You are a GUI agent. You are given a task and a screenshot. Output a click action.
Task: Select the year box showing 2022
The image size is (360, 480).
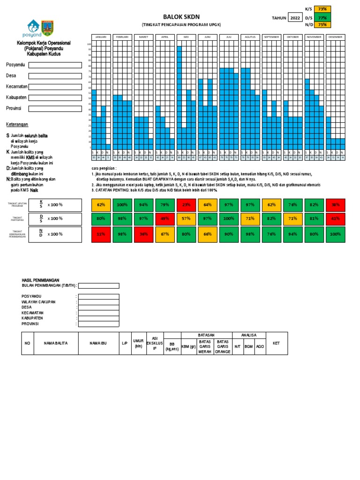(x=295, y=18)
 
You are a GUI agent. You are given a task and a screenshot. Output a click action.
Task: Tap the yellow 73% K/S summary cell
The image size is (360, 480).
(x=322, y=9)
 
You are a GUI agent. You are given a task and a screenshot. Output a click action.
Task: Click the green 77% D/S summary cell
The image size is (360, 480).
(x=322, y=18)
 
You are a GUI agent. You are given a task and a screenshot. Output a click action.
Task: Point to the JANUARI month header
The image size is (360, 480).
(x=101, y=37)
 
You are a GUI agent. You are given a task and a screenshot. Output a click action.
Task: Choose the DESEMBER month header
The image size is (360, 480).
(x=336, y=37)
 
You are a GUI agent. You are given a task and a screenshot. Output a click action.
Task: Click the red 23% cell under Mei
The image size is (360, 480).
(x=187, y=205)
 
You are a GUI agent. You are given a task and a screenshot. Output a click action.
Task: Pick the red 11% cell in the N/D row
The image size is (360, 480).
(x=101, y=234)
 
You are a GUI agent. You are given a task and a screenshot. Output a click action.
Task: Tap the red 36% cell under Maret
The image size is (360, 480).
(x=143, y=234)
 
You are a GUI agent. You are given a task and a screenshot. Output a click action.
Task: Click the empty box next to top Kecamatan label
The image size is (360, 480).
(x=55, y=87)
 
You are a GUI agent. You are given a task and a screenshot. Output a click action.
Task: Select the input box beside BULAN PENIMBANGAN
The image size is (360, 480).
(x=98, y=285)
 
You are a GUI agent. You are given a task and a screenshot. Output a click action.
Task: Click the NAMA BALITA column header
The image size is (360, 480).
(x=56, y=343)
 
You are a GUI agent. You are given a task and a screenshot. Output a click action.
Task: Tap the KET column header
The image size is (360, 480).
(x=277, y=343)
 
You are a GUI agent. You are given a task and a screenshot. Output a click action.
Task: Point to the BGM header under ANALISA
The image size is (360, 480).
(x=249, y=347)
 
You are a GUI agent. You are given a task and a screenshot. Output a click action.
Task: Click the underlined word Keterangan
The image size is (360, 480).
(x=17, y=125)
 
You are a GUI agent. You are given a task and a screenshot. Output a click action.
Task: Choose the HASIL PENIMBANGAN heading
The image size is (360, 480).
(x=41, y=280)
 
